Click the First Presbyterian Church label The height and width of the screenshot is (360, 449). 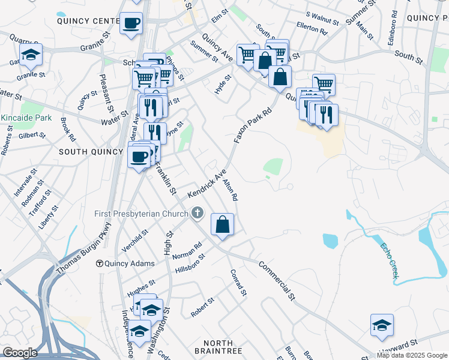click(x=142, y=214)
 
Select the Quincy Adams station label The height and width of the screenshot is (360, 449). click(x=129, y=263)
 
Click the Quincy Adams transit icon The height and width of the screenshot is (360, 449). click(x=100, y=263)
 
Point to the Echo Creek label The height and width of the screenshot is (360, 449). click(x=388, y=259)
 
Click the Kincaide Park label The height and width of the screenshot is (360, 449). click(x=26, y=118)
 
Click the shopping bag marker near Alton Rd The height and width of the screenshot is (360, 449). click(x=222, y=225)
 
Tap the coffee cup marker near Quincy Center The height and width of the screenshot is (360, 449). click(x=131, y=24)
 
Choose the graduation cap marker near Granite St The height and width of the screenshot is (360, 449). click(x=31, y=55)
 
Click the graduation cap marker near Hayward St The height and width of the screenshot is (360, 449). click(x=382, y=325)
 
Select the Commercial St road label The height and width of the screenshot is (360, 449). click(x=277, y=280)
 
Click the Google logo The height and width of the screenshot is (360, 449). click(x=20, y=353)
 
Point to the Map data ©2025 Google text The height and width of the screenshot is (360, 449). click(x=412, y=355)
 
